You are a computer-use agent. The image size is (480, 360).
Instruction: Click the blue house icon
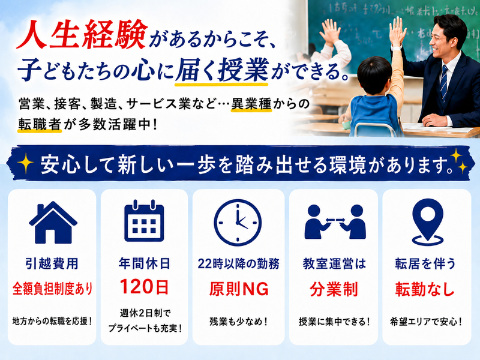click(53, 222)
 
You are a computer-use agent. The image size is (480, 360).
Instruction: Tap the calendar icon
click(144, 221)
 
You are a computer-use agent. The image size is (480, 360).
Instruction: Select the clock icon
click(238, 223)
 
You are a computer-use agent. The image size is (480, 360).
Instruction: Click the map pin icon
click(428, 222)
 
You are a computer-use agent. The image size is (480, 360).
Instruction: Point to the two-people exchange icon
click(335, 222)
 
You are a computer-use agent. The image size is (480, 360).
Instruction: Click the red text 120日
click(144, 287)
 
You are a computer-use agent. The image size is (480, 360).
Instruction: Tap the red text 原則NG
click(239, 289)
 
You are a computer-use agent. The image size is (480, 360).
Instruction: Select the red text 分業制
click(334, 289)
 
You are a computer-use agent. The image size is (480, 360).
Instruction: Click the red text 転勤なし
click(425, 289)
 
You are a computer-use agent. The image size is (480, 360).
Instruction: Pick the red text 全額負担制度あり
click(52, 289)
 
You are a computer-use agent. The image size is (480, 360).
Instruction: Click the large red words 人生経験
click(82, 35)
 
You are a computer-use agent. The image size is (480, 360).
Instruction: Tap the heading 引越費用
click(52, 263)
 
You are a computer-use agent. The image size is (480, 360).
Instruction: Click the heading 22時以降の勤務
click(238, 263)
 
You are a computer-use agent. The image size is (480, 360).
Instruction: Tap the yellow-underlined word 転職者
click(40, 124)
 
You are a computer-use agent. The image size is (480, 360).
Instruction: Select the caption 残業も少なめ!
click(238, 322)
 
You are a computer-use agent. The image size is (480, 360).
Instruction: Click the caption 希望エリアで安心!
click(426, 322)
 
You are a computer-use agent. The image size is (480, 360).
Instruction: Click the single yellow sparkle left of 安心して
click(25, 163)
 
